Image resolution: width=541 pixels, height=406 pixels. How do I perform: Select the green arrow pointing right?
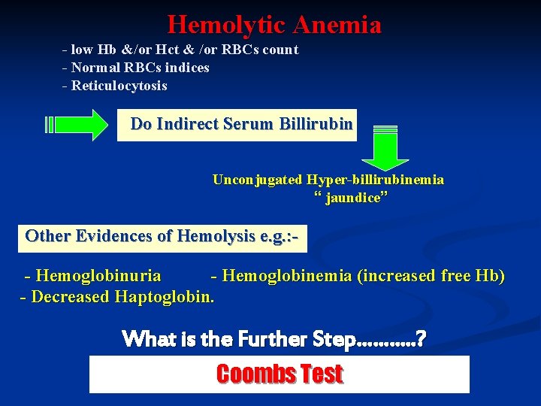tap(79, 124)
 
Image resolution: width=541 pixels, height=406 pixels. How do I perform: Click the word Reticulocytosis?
tap(119, 86)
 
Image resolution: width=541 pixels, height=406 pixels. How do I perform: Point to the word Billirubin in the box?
tap(316, 124)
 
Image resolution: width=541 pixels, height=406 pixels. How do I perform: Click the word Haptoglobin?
tap(165, 297)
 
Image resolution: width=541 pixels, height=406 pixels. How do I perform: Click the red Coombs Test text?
tap(280, 374)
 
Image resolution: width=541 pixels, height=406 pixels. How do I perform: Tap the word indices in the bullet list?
tap(184, 68)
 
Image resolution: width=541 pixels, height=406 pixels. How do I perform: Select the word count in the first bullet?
tap(280, 50)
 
